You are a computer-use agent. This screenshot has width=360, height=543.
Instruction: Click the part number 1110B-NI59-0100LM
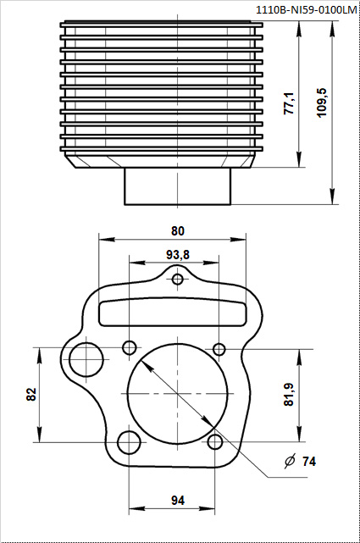[x=306, y=10]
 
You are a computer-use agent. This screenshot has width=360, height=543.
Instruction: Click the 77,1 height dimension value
[x=289, y=103]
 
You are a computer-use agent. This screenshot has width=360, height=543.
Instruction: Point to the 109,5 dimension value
[x=322, y=103]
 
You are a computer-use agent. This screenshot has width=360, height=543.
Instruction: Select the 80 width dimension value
[x=178, y=231]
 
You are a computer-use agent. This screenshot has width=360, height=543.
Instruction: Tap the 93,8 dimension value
[x=178, y=255]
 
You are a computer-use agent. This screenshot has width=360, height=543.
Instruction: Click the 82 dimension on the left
[x=31, y=395]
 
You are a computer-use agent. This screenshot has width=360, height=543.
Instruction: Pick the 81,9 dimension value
[x=289, y=395]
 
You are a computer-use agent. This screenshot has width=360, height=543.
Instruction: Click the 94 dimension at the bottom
[x=178, y=501]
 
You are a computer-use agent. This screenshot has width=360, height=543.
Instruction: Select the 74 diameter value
[x=309, y=462]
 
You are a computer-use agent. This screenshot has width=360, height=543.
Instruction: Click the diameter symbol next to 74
[x=290, y=461]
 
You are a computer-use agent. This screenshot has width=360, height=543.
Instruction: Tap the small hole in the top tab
[x=178, y=279]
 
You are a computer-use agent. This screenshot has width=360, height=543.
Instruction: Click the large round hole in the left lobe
[x=86, y=360]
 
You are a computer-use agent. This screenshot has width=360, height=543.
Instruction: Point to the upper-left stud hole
[x=130, y=346]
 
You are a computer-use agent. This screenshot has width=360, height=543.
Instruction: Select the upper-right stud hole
[x=219, y=349]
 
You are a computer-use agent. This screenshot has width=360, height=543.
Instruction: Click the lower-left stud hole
[x=130, y=442]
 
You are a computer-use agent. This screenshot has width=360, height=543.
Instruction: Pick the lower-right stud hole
[x=215, y=442]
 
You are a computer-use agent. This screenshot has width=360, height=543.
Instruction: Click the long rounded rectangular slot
[x=173, y=312]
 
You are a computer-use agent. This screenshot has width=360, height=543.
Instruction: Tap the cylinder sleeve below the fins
[x=178, y=186]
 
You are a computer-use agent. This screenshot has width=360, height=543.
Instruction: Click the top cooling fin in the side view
[x=161, y=25]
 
